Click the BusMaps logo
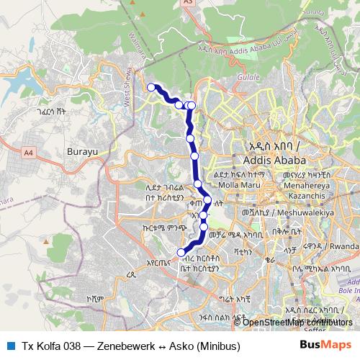[326, 345]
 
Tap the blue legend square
[9, 345]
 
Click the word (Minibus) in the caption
[216, 345]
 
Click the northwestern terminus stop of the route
[151, 87]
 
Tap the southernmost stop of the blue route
[181, 252]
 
